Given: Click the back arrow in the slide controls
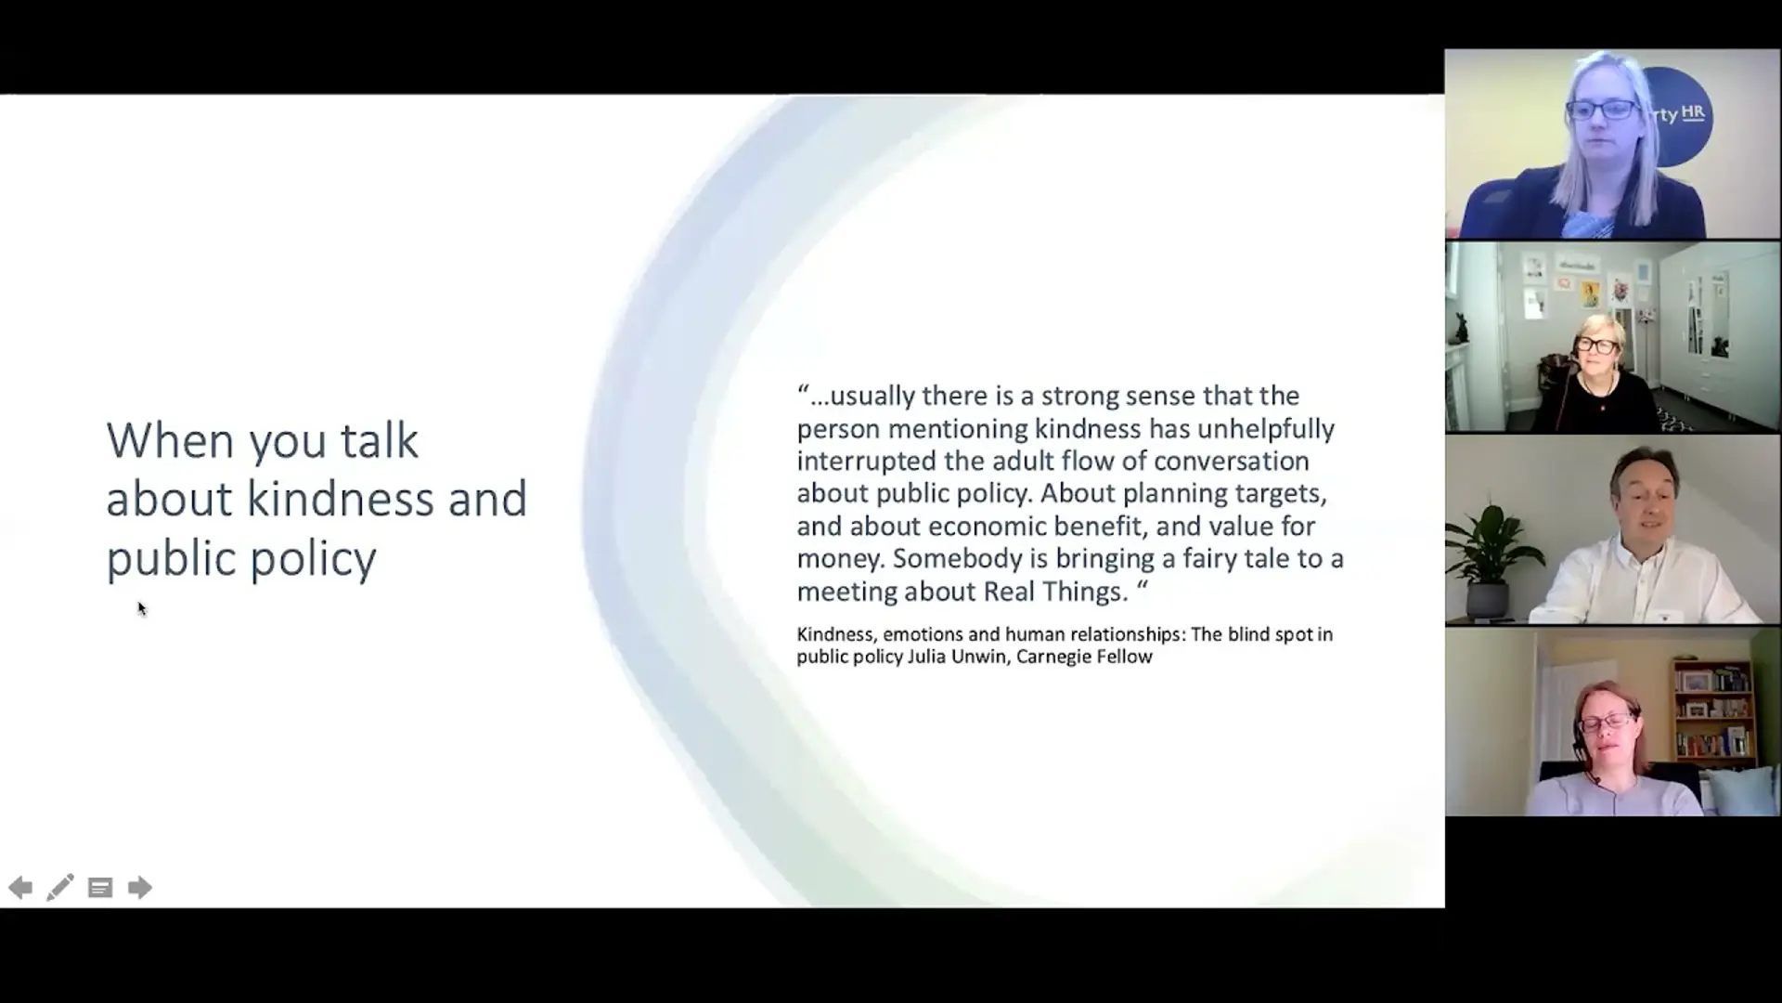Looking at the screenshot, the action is point(20,888).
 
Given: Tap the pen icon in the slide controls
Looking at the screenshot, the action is point(60,888).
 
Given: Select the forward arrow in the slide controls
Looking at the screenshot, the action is point(140,888).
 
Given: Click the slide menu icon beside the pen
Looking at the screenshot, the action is point(100,888).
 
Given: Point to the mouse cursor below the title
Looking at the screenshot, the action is point(142,609).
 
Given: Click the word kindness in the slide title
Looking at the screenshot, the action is point(341,499).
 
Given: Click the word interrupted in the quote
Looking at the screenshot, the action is point(867,462).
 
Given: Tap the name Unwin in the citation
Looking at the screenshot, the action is point(979,657).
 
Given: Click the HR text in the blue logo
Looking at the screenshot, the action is point(1694,113).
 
